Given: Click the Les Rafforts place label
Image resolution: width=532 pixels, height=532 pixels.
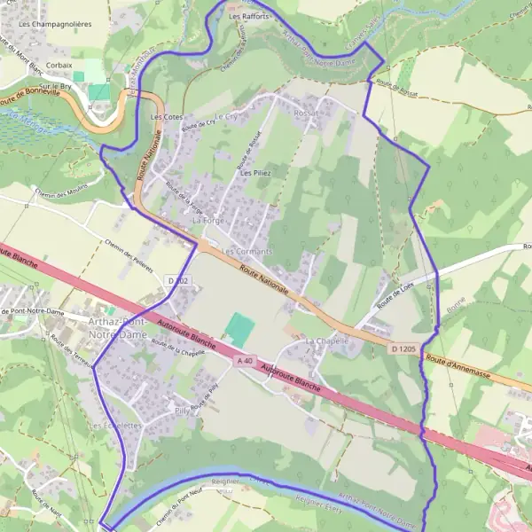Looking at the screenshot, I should [247, 16].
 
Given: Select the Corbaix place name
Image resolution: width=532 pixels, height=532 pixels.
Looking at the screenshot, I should [59, 65].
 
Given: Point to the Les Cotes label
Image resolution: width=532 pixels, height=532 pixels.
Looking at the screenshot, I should [167, 117].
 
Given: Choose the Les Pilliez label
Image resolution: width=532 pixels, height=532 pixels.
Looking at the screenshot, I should [254, 173].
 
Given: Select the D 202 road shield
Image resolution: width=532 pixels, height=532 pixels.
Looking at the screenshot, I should [178, 281].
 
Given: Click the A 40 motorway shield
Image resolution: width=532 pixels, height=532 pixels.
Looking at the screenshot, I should [245, 361].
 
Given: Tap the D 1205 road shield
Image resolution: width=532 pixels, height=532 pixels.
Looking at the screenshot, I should [403, 349].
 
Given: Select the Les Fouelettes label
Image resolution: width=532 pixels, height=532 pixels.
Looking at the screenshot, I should [115, 426].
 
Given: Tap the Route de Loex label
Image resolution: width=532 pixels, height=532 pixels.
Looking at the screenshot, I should [395, 295].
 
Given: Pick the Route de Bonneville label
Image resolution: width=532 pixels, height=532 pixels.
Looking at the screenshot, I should [35, 103].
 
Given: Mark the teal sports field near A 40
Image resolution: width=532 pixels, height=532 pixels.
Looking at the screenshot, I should [238, 329].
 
